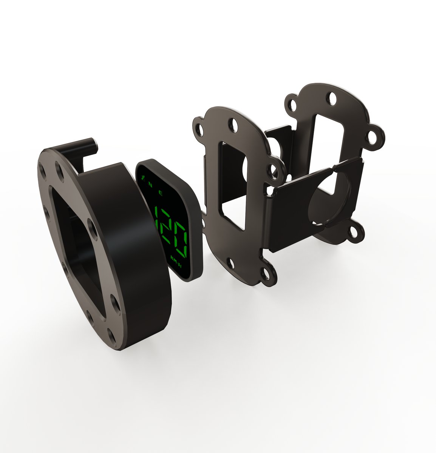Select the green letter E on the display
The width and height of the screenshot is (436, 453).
tap(161, 194)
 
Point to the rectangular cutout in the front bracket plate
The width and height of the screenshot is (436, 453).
tap(232, 185)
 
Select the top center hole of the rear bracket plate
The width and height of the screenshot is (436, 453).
tap(332, 99)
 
